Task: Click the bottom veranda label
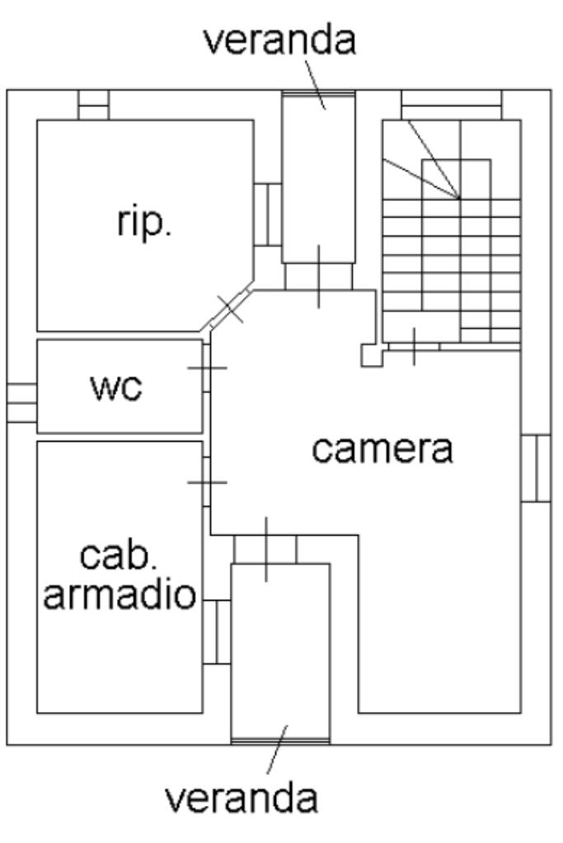pyautogui.click(x=242, y=798)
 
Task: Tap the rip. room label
pyautogui.click(x=144, y=222)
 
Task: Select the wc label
pyautogui.click(x=116, y=386)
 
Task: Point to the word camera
pyautogui.click(x=382, y=449)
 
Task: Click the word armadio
pyautogui.click(x=120, y=594)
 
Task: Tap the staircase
pyautogui.click(x=451, y=231)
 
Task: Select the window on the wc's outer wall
pyautogui.click(x=21, y=403)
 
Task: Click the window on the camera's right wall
pyautogui.click(x=537, y=467)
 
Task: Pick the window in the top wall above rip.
pyautogui.click(x=93, y=105)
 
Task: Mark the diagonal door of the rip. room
pyautogui.click(x=231, y=307)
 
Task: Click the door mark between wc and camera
pyautogui.click(x=207, y=367)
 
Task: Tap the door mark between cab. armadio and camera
pyautogui.click(x=207, y=482)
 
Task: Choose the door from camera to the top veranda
pyautogui.click(x=318, y=276)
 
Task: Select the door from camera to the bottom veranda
pyautogui.click(x=265, y=550)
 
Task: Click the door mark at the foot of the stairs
pyautogui.click(x=413, y=346)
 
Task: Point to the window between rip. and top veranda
pyautogui.click(x=268, y=214)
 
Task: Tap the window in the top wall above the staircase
pyautogui.click(x=451, y=105)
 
